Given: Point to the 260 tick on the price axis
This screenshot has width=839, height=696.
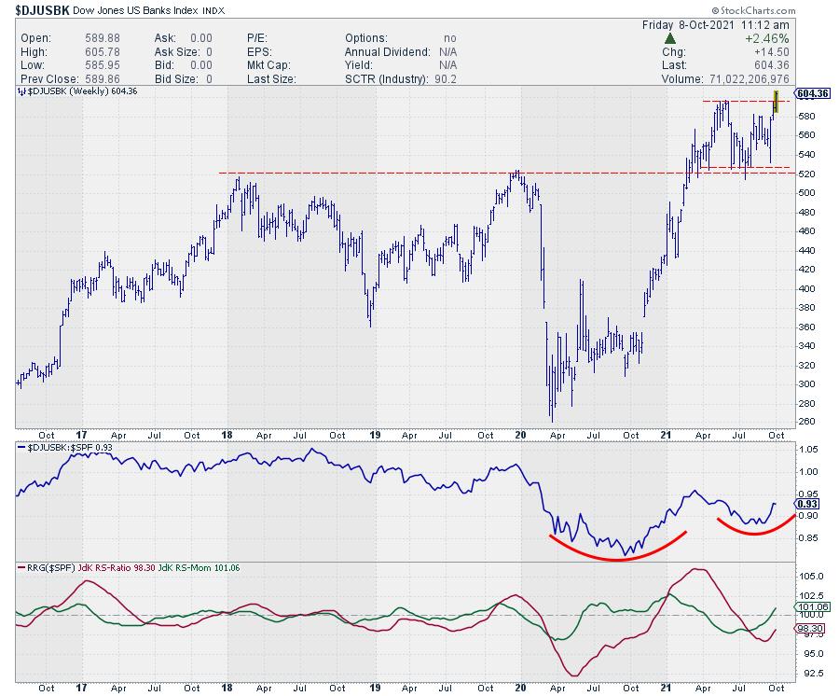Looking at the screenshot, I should (x=808, y=422).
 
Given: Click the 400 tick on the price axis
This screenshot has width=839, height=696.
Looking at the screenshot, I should (x=808, y=288).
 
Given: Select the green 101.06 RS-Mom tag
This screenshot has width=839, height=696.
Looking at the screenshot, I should (x=811, y=607).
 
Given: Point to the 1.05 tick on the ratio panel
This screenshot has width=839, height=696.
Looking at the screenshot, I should (x=808, y=449).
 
